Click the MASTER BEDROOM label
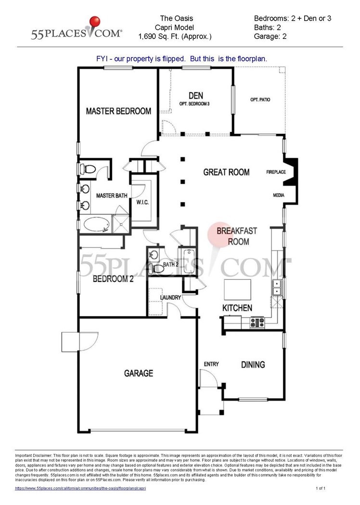click(x=118, y=111)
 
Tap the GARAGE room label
click(x=139, y=373)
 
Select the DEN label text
click(x=196, y=95)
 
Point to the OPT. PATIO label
click(x=260, y=100)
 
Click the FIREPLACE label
click(x=276, y=172)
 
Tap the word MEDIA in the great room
click(x=279, y=195)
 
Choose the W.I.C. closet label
click(x=142, y=202)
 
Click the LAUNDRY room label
click(x=170, y=298)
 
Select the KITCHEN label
click(x=237, y=308)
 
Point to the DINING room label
click(x=253, y=365)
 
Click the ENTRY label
click(x=211, y=364)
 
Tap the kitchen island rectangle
click(x=238, y=290)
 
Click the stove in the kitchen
click(x=257, y=322)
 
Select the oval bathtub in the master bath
click(x=96, y=224)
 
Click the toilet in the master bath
click(x=88, y=169)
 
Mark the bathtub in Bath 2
click(x=187, y=261)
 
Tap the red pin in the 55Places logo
click(x=94, y=22)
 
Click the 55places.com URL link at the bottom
click(x=80, y=488)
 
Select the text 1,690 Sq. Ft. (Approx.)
click(x=175, y=37)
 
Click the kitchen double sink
click(x=277, y=288)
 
